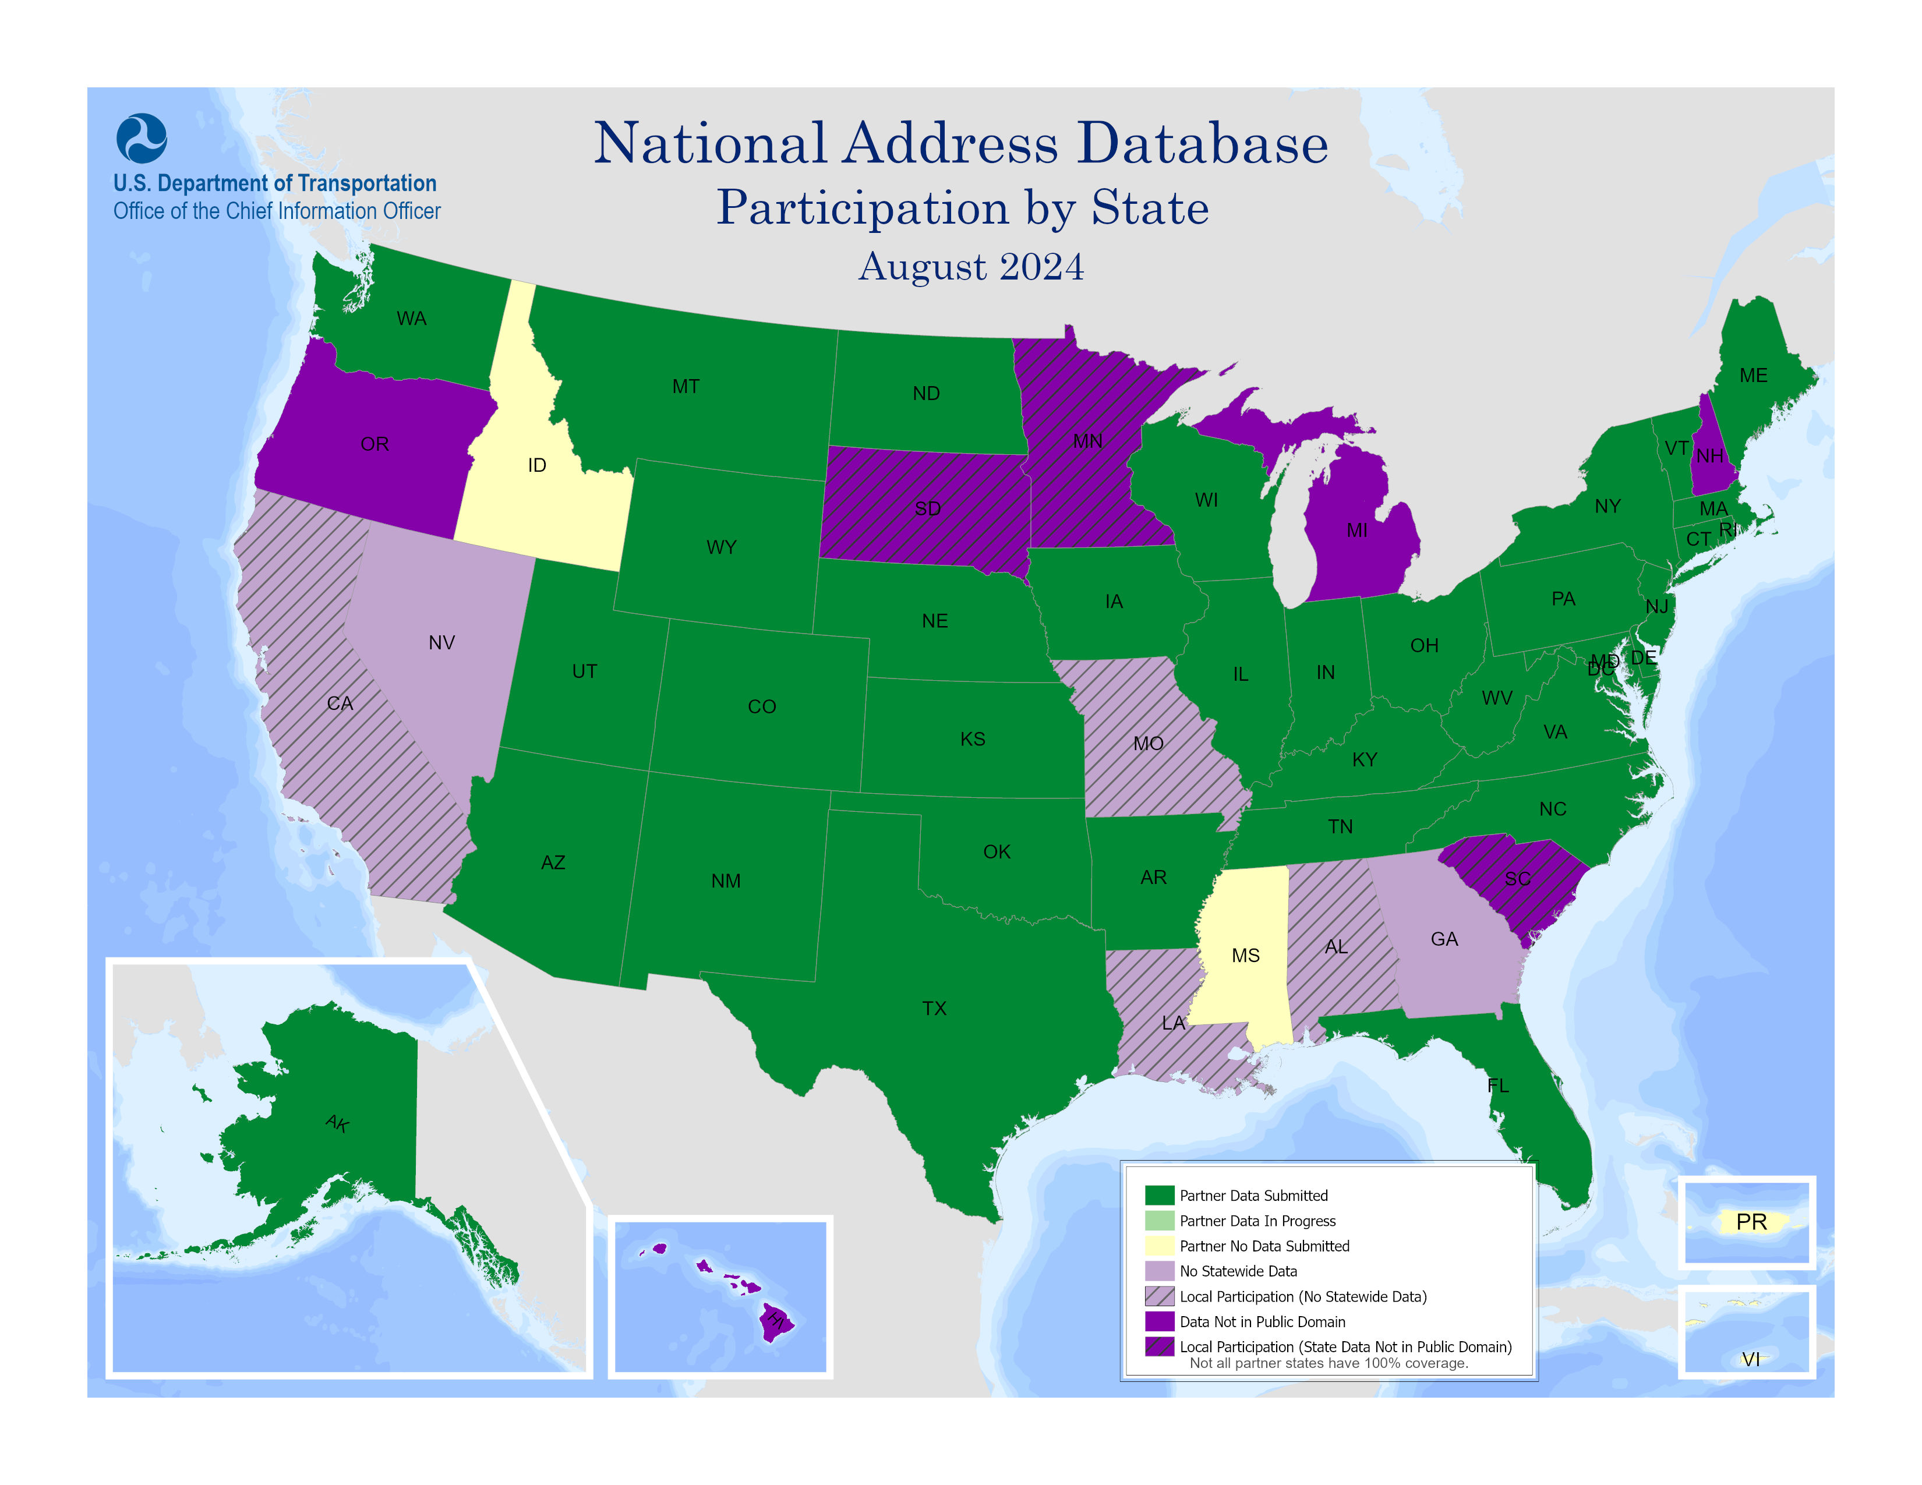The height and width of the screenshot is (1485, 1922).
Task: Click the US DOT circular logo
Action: pyautogui.click(x=142, y=138)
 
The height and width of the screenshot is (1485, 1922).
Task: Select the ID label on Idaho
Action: pyautogui.click(x=537, y=465)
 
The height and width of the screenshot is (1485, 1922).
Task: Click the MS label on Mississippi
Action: pyautogui.click(x=1245, y=956)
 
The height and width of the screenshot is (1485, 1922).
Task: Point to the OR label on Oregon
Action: pyautogui.click(x=375, y=444)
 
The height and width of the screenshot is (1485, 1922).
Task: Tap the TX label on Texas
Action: pyautogui.click(x=935, y=1008)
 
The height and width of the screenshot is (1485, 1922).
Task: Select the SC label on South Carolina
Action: pyautogui.click(x=1517, y=879)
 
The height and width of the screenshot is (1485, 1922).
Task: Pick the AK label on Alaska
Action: pyautogui.click(x=338, y=1123)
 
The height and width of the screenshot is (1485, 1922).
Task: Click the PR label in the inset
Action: pyautogui.click(x=1751, y=1222)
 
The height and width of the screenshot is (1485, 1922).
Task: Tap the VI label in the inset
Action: pyautogui.click(x=1751, y=1359)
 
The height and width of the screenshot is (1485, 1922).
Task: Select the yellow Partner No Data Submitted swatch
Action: pyautogui.click(x=1159, y=1246)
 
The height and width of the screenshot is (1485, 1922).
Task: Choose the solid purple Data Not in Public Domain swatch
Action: pyautogui.click(x=1159, y=1321)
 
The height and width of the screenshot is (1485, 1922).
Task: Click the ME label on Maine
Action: pyautogui.click(x=1753, y=376)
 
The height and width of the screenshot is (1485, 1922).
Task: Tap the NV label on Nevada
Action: pyautogui.click(x=442, y=643)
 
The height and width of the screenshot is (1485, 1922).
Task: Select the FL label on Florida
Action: pyautogui.click(x=1498, y=1086)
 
